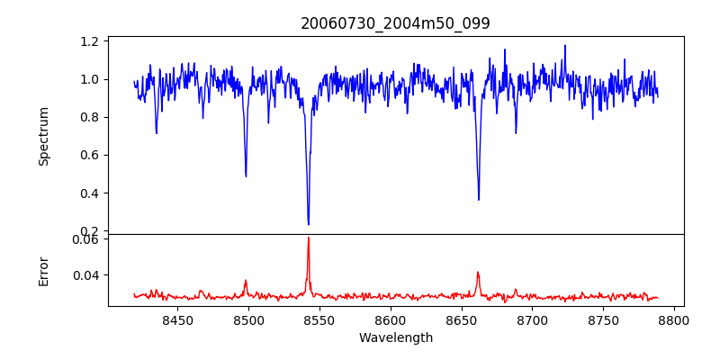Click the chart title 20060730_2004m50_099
[395, 23]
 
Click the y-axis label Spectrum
[43, 136]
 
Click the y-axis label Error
[43, 270]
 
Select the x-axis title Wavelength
[395, 337]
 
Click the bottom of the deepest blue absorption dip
[308, 224]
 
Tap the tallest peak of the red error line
[308, 238]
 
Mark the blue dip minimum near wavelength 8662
[478, 200]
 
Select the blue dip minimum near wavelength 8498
[246, 175]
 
